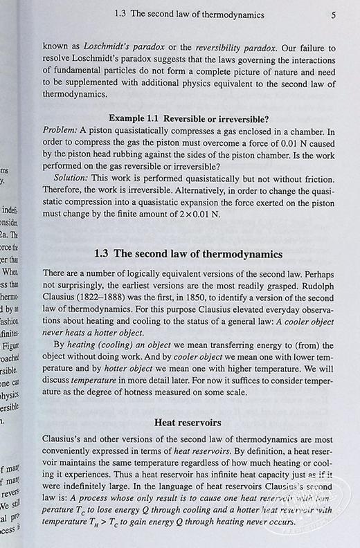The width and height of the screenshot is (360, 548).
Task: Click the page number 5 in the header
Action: (333, 13)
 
